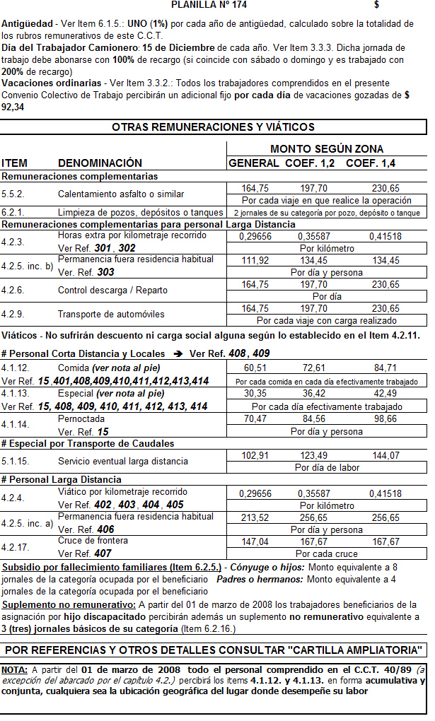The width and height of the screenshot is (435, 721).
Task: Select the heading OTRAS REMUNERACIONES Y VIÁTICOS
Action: [213, 127]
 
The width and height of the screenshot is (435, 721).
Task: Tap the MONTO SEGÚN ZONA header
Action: [327, 149]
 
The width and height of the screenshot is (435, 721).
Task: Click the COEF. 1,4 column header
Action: [371, 163]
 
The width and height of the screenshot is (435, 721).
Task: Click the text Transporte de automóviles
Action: [106, 315]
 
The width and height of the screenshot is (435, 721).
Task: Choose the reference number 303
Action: [106, 272]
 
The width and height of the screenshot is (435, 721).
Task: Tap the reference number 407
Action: [103, 554]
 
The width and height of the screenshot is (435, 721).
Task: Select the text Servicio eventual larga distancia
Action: [123, 462]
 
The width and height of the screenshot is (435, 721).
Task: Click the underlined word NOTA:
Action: [14, 669]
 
